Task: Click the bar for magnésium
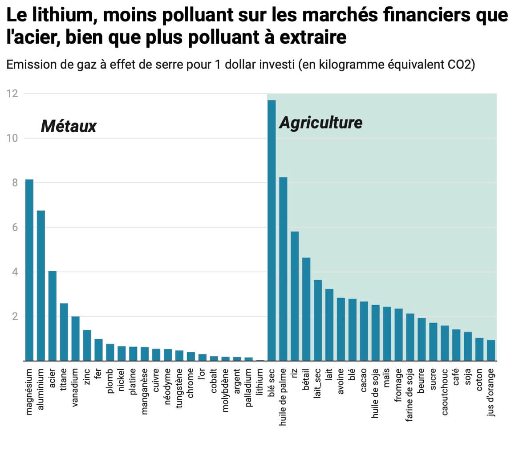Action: point(29,270)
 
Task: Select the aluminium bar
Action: point(41,286)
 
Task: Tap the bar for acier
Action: point(53,316)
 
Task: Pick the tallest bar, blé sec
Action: point(272,230)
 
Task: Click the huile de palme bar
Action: point(283,269)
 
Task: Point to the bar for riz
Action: point(295,296)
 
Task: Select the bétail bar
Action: point(306,309)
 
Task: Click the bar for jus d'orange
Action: point(491,350)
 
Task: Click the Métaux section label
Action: point(69,127)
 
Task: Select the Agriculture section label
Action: point(320,123)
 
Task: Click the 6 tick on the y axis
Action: point(14,227)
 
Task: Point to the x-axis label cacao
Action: point(364,380)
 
